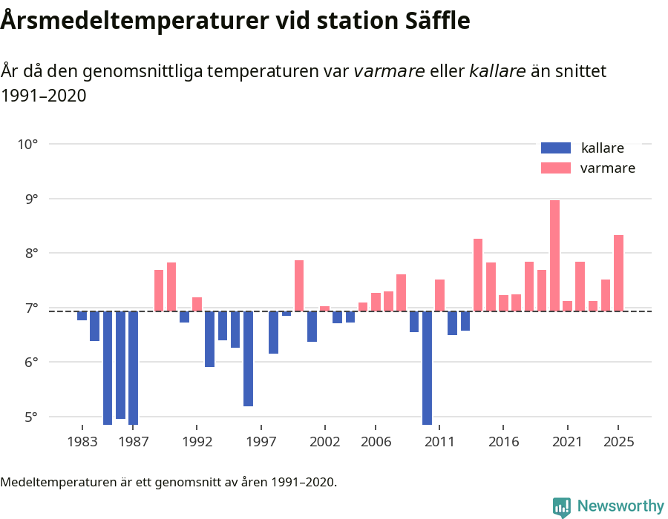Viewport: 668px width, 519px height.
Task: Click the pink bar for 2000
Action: (x=299, y=285)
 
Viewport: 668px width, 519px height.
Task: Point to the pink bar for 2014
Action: (x=478, y=275)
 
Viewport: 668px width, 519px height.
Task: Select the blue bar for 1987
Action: (x=133, y=368)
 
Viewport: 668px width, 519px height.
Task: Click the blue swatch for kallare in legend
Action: (x=556, y=148)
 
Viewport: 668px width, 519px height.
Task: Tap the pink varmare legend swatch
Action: (x=556, y=168)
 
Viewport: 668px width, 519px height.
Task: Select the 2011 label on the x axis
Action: (x=439, y=442)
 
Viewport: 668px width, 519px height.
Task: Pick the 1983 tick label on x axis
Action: (x=82, y=442)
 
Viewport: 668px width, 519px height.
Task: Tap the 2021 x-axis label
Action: (x=567, y=442)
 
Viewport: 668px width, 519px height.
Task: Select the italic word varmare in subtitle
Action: (x=389, y=72)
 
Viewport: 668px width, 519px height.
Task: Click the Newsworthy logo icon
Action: (x=562, y=506)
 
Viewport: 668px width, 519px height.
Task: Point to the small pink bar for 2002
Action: (x=324, y=308)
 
